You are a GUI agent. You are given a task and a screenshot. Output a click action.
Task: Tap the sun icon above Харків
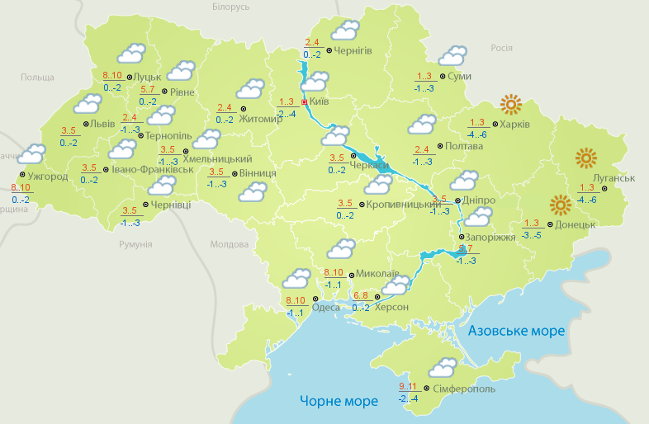click(x=511, y=105)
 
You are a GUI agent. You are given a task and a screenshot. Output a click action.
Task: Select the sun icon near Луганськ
click(x=585, y=158)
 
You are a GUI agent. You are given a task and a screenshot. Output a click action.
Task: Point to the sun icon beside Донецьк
click(x=561, y=205)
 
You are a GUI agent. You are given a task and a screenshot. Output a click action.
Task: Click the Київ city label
click(x=319, y=103)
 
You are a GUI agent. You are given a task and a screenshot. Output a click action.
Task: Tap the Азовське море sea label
click(x=516, y=331)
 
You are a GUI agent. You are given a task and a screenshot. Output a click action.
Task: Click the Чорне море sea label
click(x=339, y=401)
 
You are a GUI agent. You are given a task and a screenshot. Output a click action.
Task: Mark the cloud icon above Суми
click(x=452, y=56)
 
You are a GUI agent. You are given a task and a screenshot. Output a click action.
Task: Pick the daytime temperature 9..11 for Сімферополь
click(x=406, y=387)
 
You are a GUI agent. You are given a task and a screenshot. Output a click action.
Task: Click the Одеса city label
click(x=324, y=309)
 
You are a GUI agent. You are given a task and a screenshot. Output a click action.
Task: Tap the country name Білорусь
click(x=230, y=7)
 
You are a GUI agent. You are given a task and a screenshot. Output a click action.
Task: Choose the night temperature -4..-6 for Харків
click(x=476, y=134)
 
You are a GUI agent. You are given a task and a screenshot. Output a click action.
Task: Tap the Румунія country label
click(x=135, y=245)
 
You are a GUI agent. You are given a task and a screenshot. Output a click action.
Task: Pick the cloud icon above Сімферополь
click(x=443, y=367)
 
